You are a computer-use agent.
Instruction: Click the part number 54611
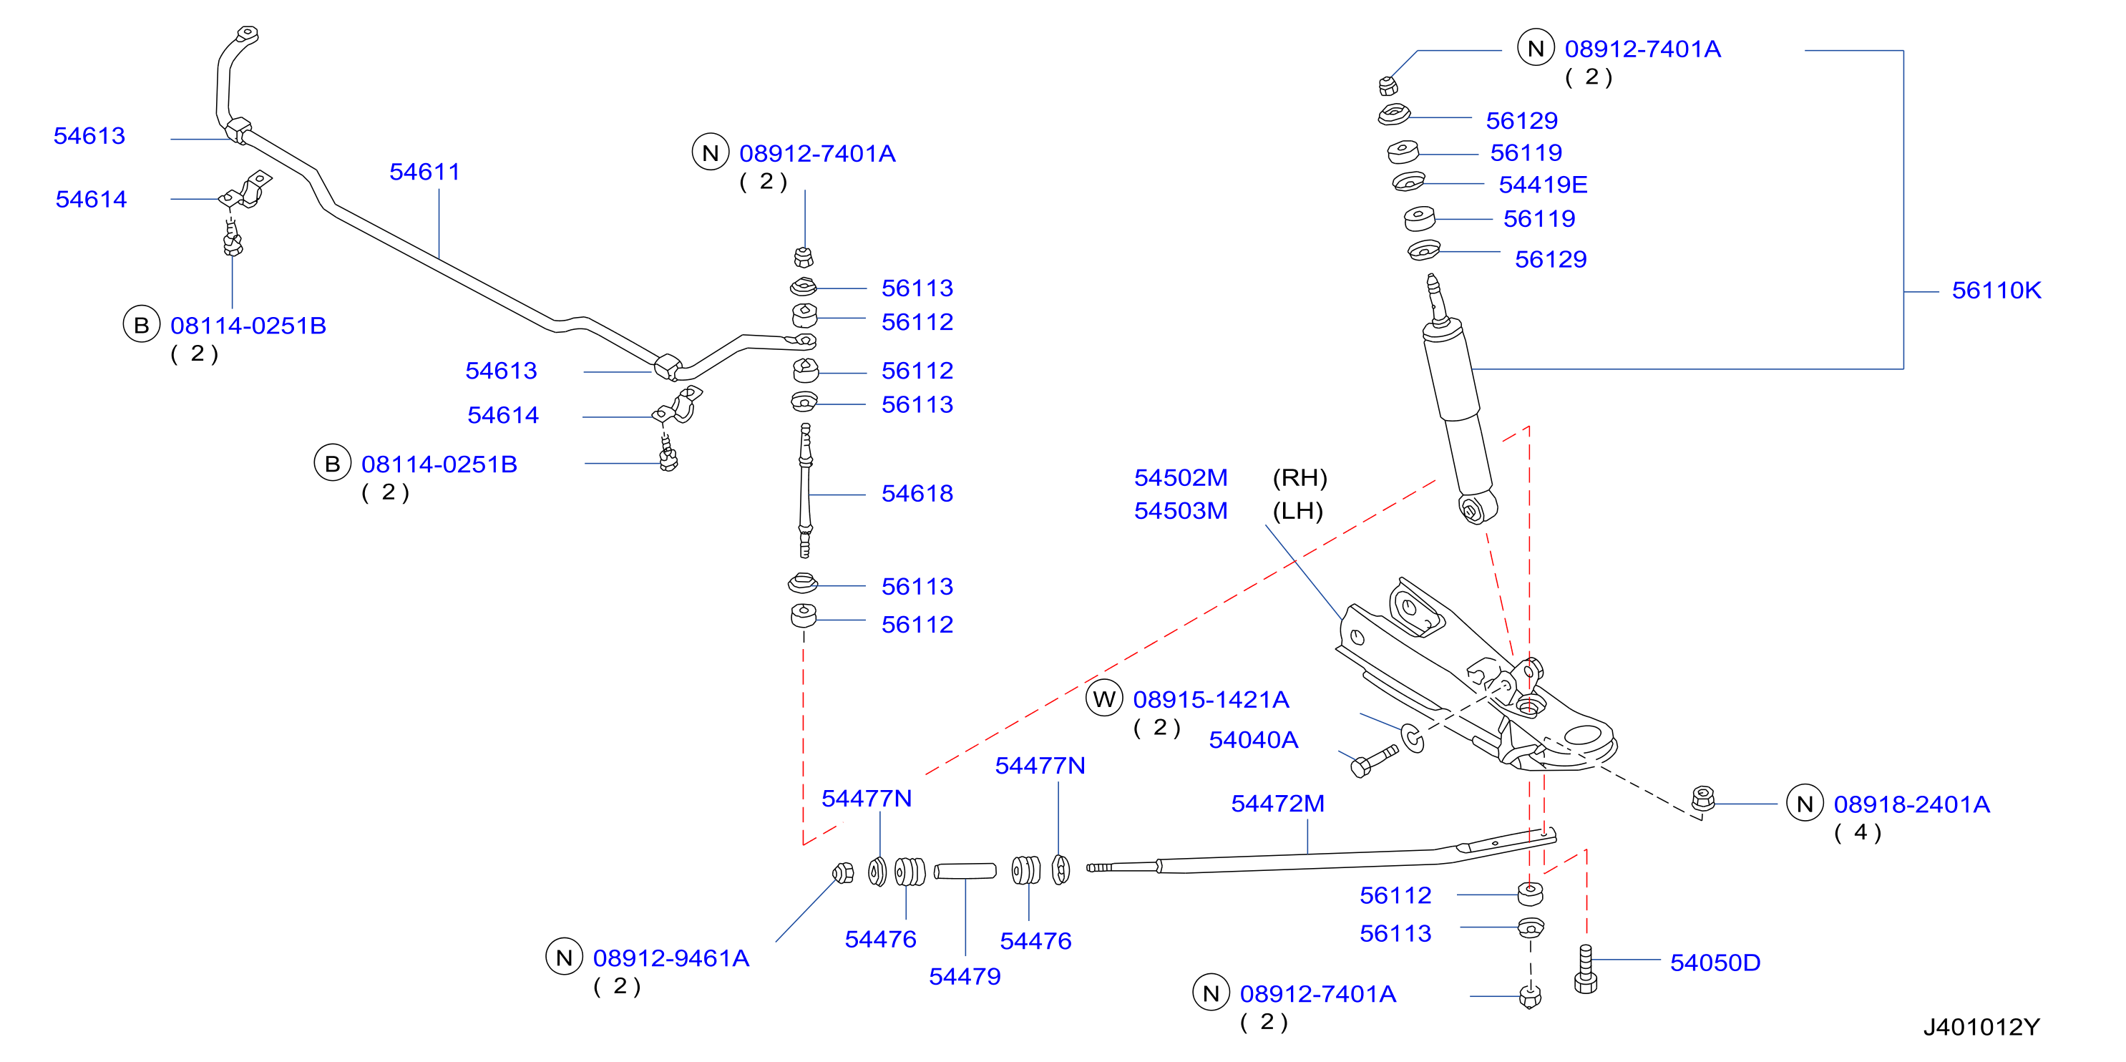(424, 172)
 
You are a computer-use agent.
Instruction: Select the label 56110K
(1996, 291)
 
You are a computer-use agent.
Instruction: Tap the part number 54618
(917, 494)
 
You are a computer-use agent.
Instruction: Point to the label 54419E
(1543, 185)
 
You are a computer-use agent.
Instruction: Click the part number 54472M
(1277, 804)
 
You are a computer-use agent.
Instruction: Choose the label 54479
(965, 977)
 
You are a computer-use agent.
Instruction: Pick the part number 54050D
(1715, 963)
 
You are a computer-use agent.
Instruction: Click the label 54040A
(1253, 740)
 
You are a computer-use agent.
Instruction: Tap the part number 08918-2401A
(1911, 804)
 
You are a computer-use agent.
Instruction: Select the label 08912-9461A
(671, 958)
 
